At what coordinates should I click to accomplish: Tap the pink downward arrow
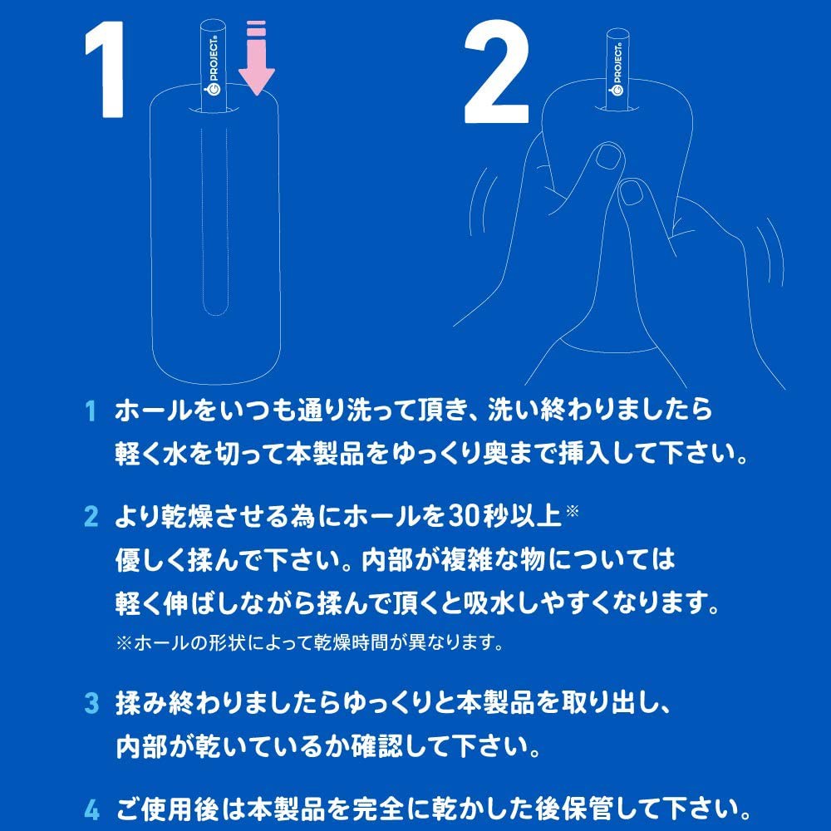[257, 58]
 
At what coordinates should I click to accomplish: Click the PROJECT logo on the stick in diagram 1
[214, 66]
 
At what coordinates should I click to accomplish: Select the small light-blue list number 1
[91, 411]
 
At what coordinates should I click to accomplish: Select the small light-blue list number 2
[91, 516]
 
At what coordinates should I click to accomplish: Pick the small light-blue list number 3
[91, 703]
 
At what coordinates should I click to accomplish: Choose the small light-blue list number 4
[91, 809]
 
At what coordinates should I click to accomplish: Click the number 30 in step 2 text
[464, 516]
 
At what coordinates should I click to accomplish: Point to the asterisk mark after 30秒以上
[573, 511]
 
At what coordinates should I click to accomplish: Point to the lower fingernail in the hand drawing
[632, 193]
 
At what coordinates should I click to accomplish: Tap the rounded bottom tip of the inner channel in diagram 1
[214, 314]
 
